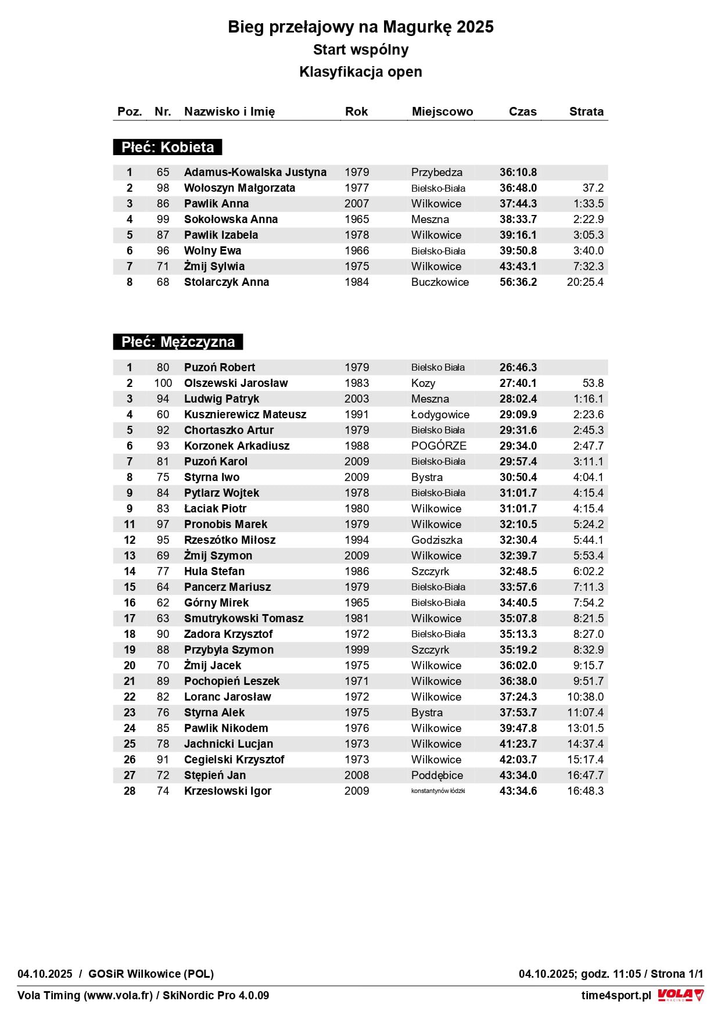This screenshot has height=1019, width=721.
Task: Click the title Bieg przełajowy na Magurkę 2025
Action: pos(360,27)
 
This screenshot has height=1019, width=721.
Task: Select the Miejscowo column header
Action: pos(442,112)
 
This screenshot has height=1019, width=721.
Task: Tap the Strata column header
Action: pos(586,112)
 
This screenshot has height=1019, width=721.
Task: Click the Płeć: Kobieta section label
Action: pos(167,147)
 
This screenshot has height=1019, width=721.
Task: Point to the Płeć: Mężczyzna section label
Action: pos(178,342)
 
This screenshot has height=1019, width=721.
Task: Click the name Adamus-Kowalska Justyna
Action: pos(255,172)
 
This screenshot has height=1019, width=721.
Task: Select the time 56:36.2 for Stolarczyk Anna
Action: pos(518,282)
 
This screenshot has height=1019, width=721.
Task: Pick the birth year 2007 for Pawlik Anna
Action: pos(357,203)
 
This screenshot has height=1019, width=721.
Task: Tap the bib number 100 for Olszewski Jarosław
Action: pos(163,383)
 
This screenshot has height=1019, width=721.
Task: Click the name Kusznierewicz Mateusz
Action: pos(245,414)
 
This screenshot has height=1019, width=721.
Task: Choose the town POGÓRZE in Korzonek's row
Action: pos(439,446)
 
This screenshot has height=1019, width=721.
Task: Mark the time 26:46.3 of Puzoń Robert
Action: pos(518,367)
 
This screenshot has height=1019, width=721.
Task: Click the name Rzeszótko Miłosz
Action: pos(230,540)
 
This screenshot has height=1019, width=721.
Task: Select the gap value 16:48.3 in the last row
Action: pos(585,791)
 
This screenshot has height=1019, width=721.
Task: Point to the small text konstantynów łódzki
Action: pos(438,791)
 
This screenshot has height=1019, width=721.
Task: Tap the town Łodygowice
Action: pos(440,414)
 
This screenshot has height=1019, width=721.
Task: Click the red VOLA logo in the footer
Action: pos(680,995)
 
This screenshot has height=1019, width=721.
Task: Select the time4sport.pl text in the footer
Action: pos(616,995)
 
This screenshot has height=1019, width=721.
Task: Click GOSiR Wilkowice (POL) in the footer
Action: pos(151,974)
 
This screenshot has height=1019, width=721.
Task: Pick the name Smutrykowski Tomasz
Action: pos(243,618)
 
